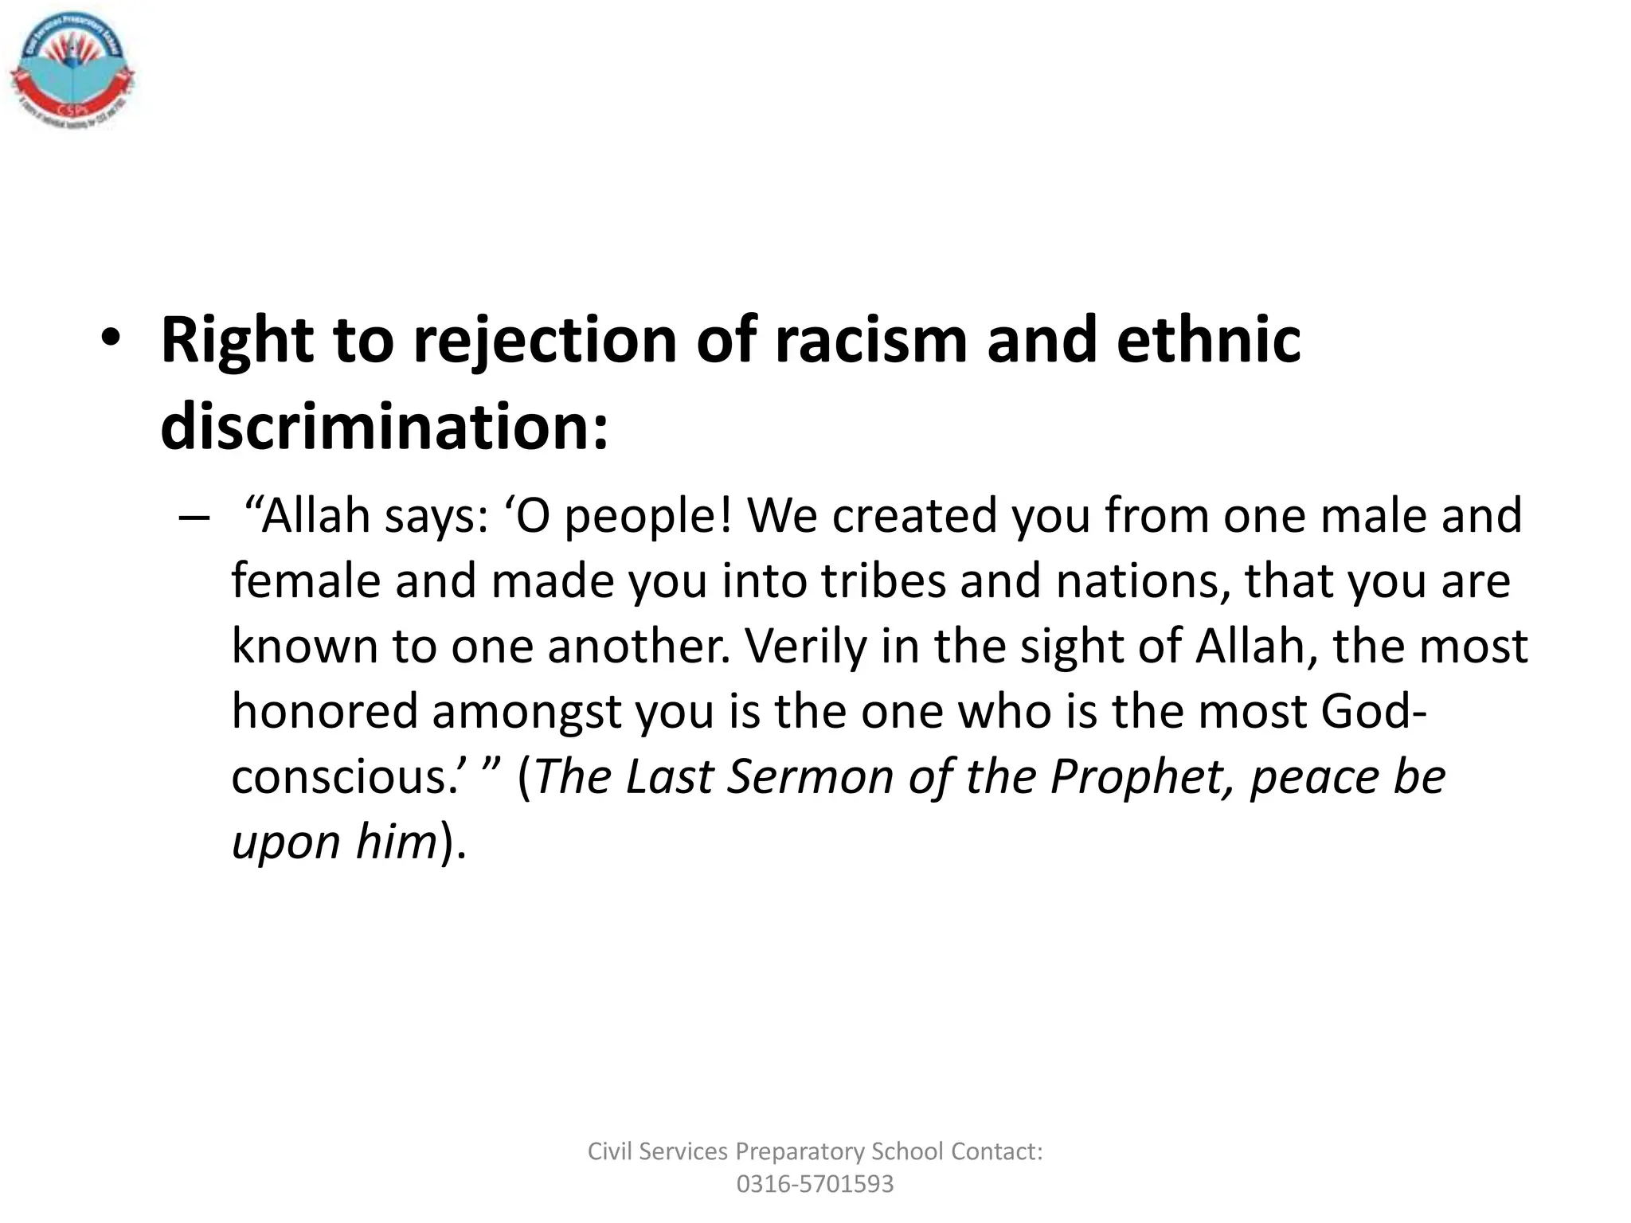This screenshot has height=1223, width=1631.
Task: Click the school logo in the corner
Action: [72, 73]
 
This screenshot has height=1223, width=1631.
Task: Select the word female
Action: [306, 580]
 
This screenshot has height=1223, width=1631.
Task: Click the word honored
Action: [324, 711]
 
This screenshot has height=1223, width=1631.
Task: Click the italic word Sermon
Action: [811, 777]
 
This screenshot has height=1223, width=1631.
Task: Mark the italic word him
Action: [396, 842]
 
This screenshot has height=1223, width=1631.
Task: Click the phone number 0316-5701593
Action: [815, 1184]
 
